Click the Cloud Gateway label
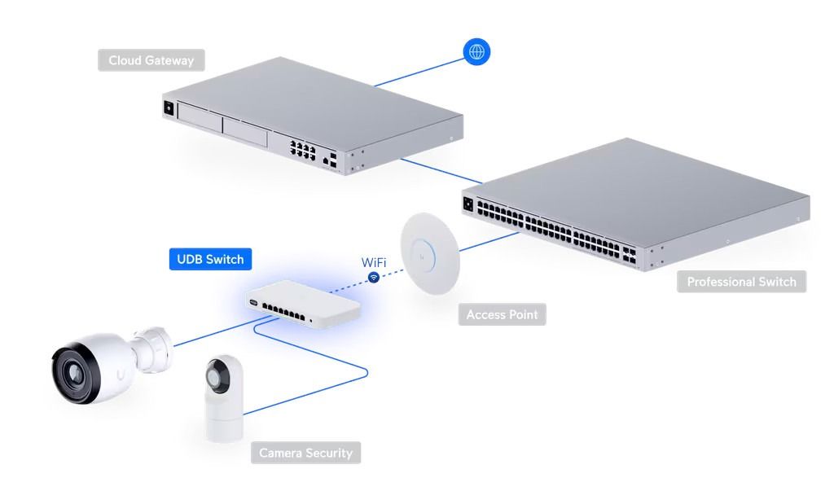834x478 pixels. tap(151, 60)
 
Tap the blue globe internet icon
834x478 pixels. tap(477, 52)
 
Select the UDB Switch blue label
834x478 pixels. tap(210, 260)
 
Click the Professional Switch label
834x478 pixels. tap(741, 282)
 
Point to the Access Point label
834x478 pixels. tap(502, 314)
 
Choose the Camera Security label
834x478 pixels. tap(305, 453)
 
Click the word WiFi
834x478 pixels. tap(374, 263)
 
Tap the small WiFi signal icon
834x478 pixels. tap(374, 278)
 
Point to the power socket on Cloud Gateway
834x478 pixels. tap(169, 107)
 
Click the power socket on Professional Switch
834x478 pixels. tap(468, 204)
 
